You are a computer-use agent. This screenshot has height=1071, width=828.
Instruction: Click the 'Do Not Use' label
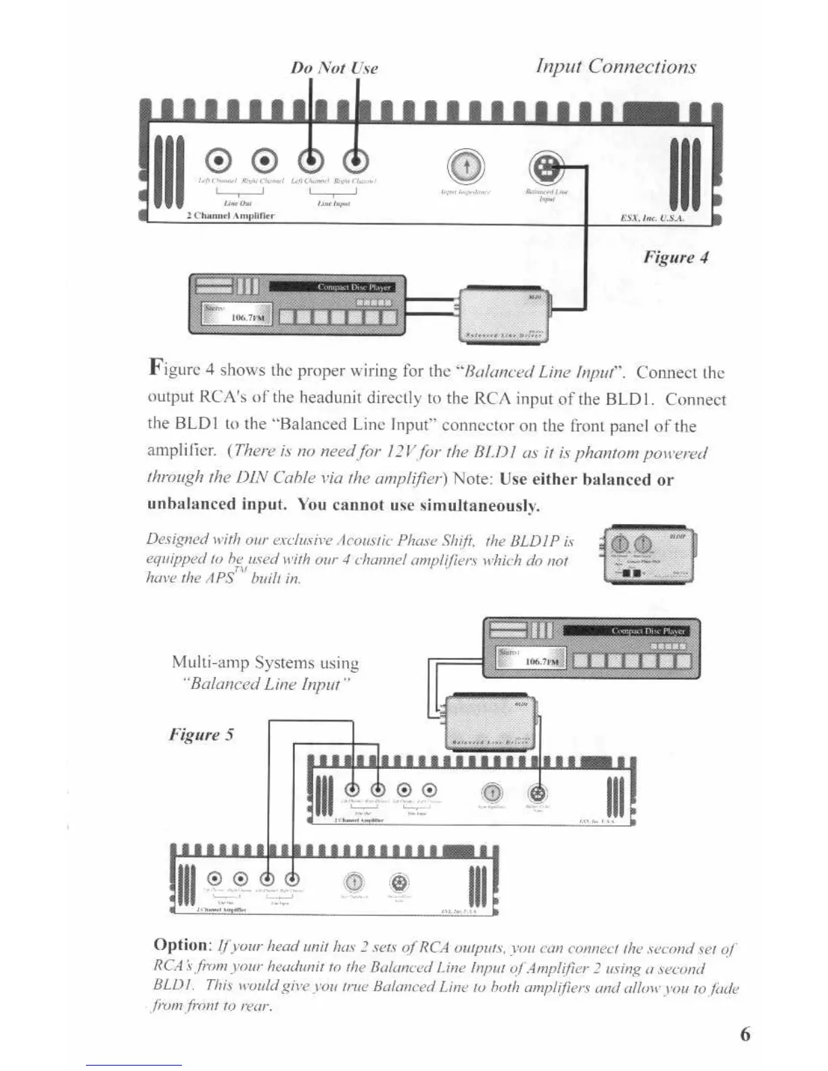pos(334,68)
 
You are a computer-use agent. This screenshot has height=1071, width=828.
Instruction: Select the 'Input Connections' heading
pos(616,66)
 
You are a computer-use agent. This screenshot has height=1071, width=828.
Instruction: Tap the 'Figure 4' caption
pos(675,257)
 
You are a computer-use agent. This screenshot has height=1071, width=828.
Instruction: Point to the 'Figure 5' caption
pos(201,734)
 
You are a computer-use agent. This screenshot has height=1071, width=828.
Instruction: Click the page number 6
pos(745,1034)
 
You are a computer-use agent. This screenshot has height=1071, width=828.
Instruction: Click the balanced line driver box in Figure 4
pos(505,314)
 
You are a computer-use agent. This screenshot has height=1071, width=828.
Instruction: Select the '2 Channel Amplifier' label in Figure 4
pos(230,216)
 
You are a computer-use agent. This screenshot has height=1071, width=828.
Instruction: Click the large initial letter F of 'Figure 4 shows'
pos(156,368)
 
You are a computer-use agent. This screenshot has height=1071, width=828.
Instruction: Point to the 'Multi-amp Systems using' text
pos(265,662)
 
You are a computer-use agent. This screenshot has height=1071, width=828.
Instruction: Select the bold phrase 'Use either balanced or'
pos(586,479)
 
